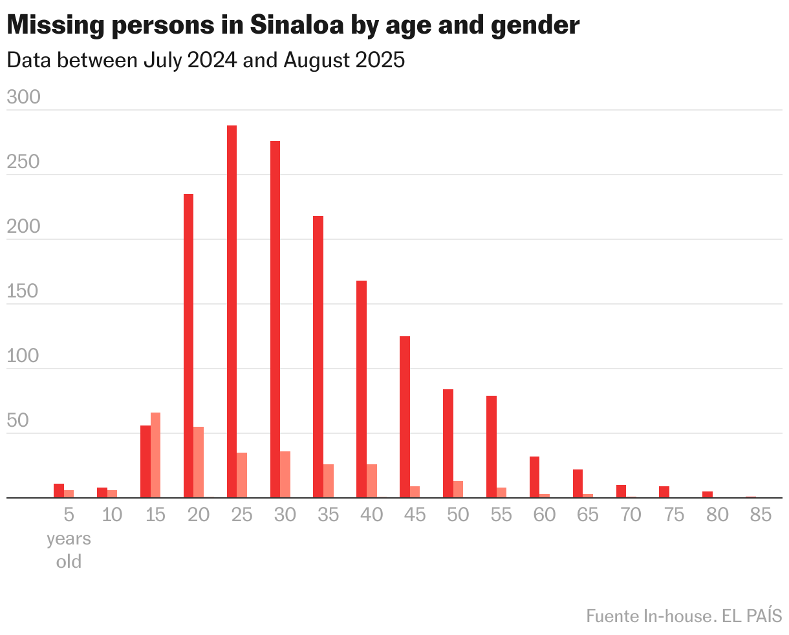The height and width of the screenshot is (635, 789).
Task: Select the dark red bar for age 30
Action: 275,319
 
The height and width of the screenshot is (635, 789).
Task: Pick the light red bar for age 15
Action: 155,455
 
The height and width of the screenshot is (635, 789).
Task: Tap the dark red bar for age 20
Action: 188,346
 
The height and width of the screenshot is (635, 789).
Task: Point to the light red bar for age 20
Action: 199,462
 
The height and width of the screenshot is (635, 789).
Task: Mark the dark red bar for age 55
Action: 491,447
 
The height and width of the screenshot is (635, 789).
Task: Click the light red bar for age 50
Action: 459,490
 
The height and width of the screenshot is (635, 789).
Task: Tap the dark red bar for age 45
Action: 404,417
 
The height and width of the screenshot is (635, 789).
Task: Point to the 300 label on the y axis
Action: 23,98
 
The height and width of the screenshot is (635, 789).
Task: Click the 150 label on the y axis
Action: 23,292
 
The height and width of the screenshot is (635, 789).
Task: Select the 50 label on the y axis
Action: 18,421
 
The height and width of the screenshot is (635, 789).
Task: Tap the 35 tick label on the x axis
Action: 328,515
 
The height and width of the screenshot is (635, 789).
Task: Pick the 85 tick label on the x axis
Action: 761,515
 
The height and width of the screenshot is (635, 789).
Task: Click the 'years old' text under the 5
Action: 69,550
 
